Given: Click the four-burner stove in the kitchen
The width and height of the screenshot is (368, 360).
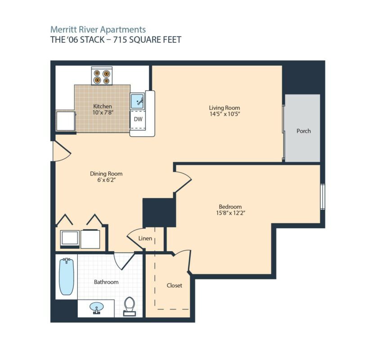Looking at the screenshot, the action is [102, 76].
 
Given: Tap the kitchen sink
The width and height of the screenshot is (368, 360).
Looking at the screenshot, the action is [137, 101].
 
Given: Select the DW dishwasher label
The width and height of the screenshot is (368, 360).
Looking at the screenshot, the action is [138, 119].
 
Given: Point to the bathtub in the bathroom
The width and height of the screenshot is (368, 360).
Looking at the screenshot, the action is [67, 277].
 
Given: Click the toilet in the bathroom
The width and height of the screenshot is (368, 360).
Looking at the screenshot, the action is [129, 306].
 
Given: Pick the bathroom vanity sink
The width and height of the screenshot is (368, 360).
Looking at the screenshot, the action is [96, 308].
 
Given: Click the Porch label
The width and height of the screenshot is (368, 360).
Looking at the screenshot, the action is [304, 131].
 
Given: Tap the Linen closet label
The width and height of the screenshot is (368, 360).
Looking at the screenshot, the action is [145, 238].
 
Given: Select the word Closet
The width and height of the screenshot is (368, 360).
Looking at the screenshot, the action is [175, 285].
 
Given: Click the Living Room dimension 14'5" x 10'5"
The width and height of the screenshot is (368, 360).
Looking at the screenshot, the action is [224, 114].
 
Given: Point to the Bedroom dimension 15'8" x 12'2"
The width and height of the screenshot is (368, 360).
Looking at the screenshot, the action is [230, 213].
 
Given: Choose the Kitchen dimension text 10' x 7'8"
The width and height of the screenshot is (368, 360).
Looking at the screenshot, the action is [103, 112].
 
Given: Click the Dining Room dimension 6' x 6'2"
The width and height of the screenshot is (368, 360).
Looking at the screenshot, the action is [107, 180].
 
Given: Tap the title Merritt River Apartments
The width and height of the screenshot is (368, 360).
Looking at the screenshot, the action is [98, 30].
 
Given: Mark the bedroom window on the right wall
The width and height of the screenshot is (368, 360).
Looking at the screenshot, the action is [323, 197].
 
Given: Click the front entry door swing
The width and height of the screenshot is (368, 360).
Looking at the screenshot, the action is [62, 151].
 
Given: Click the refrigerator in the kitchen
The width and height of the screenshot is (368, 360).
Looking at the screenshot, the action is [66, 121].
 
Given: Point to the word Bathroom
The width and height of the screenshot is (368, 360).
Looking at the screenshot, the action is [106, 282].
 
